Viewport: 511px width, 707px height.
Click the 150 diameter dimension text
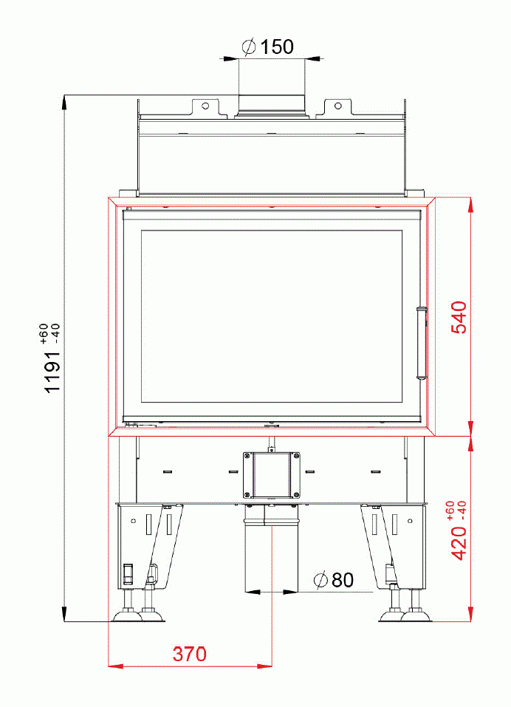tap(278, 47)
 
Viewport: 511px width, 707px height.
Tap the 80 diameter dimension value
tap(342, 580)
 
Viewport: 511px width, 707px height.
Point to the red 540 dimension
tap(459, 318)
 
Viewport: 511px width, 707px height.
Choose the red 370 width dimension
tap(190, 654)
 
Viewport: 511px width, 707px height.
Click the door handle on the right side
tap(422, 342)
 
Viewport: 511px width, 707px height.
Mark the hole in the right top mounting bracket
tap(338, 105)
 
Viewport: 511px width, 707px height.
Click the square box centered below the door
tap(272, 474)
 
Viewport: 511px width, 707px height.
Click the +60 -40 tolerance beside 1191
tap(49, 334)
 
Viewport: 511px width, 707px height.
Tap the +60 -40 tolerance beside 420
tap(456, 510)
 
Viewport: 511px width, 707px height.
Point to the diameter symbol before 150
tap(249, 47)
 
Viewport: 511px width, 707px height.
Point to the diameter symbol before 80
tap(320, 581)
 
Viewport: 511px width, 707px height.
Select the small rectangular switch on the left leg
tap(127, 572)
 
